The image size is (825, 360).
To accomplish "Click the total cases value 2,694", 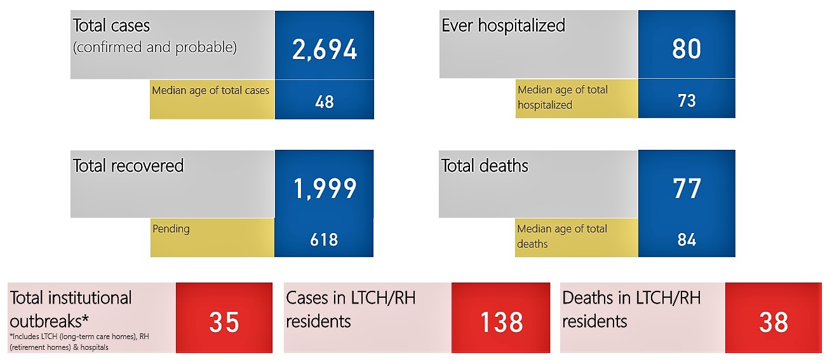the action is (325, 50).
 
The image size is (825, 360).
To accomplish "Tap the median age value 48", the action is (324, 102).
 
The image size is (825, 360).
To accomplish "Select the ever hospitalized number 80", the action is (687, 49).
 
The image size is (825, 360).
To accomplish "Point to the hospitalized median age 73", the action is (687, 100).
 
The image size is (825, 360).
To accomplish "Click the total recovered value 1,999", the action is (325, 189).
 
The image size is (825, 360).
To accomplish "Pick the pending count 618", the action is (324, 239).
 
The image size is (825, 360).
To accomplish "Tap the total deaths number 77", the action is (687, 189).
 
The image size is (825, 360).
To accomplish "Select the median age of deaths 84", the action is (687, 239).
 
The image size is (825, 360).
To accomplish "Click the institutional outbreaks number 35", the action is (224, 322).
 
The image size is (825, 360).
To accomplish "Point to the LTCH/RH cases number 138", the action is (501, 322).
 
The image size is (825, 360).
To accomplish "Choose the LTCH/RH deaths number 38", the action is (774, 322).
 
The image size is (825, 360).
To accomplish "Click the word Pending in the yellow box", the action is (171, 229).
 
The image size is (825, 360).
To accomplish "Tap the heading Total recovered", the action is (128, 165).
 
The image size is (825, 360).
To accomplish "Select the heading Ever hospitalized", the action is (503, 25).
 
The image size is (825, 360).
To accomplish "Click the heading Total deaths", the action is (485, 165).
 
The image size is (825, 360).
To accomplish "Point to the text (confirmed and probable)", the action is (155, 48).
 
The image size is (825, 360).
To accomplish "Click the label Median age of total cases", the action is (211, 91).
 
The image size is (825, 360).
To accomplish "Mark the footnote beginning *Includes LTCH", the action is (79, 342).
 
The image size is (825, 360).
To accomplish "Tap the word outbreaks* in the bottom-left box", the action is (50, 321).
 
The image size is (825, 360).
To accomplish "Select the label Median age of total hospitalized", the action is (563, 97).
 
